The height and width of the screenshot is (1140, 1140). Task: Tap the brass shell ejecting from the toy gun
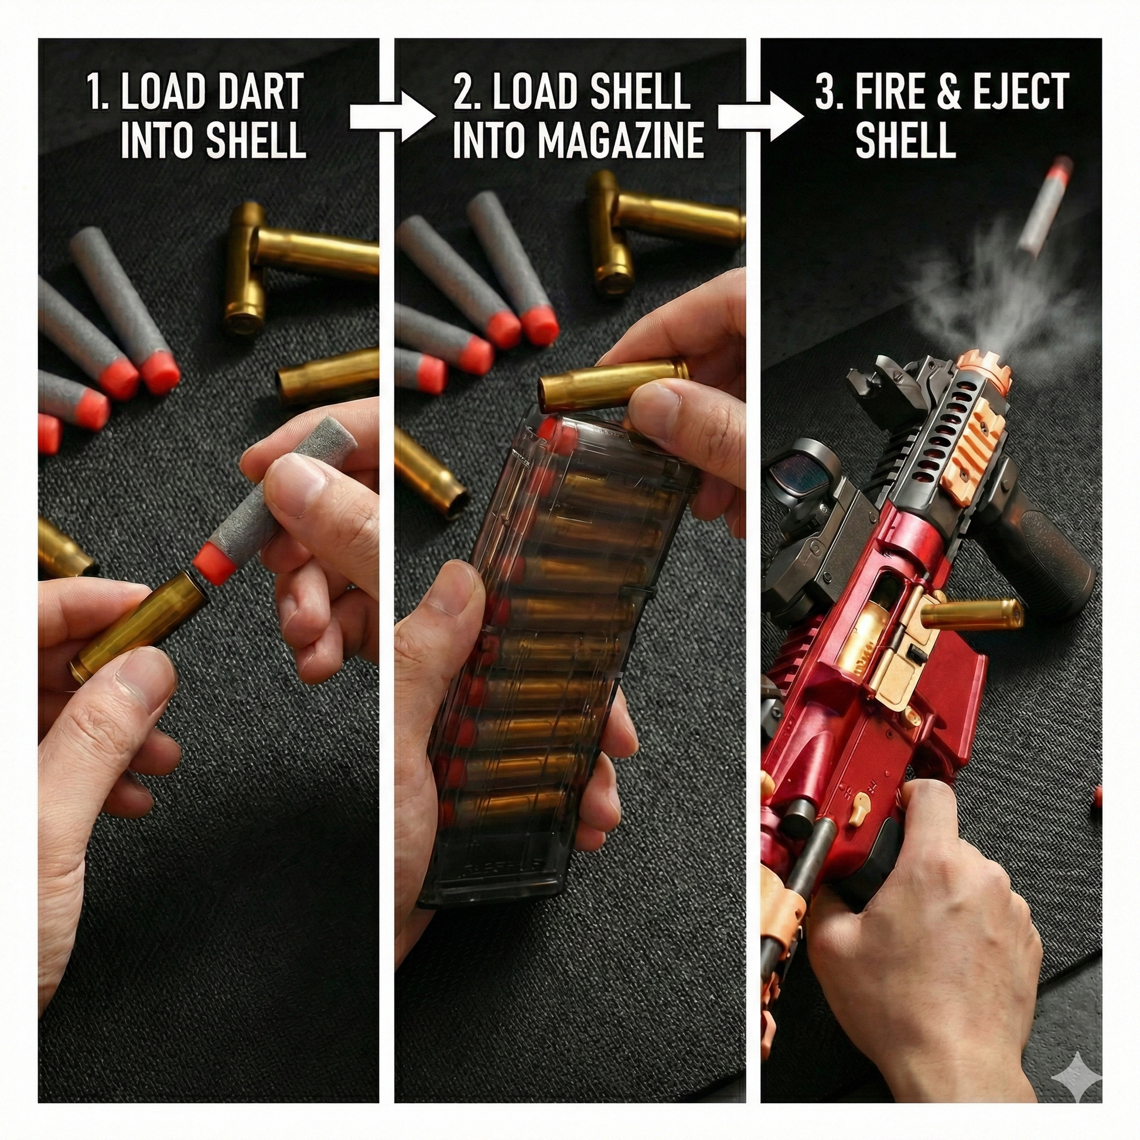971,614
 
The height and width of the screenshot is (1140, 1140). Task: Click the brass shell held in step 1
139,625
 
